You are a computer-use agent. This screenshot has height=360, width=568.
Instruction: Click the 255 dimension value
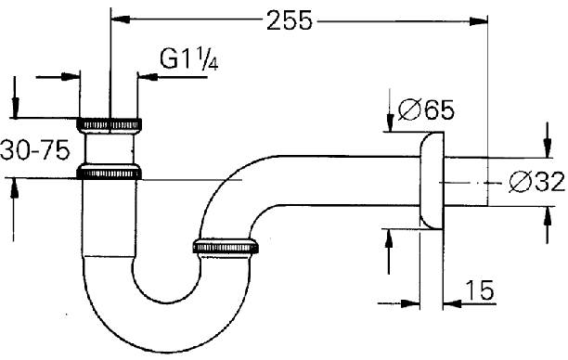click(x=289, y=20)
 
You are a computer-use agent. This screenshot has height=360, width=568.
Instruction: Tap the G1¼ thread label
click(x=188, y=59)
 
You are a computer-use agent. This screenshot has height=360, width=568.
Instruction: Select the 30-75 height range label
click(x=34, y=150)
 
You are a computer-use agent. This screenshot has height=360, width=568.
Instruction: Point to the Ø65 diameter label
click(x=426, y=109)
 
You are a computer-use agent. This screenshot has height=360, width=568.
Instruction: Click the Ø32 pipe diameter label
click(x=536, y=182)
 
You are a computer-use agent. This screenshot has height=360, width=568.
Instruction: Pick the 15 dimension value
click(x=479, y=289)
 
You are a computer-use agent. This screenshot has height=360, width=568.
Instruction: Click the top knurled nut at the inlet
click(x=109, y=124)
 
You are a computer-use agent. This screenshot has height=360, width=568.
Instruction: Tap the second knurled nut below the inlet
click(x=109, y=173)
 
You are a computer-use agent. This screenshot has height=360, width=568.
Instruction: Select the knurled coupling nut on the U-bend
click(x=226, y=246)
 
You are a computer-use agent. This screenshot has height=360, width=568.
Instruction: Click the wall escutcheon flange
click(x=432, y=180)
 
